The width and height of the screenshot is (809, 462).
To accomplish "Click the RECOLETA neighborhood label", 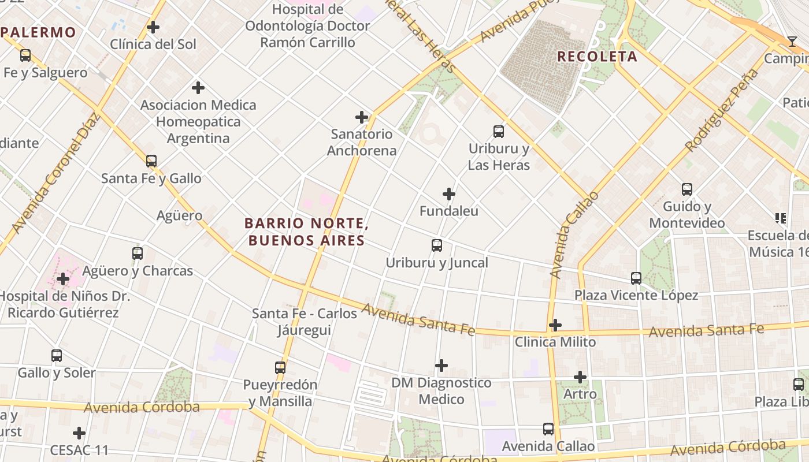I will click(597, 57).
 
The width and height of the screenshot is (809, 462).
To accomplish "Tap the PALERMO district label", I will click(39, 32).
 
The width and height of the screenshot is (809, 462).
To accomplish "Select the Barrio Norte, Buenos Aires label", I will click(306, 232).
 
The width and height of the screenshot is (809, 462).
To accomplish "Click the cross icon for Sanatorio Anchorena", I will click(362, 117).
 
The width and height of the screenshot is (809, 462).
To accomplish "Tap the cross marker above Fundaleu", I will click(449, 194).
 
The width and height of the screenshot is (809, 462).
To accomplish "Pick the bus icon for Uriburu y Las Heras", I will click(499, 132).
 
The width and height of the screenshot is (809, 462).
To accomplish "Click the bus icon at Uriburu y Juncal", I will click(437, 245).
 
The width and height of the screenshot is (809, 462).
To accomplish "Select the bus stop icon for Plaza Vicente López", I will click(636, 278).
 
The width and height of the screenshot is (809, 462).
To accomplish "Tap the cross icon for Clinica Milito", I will click(555, 325).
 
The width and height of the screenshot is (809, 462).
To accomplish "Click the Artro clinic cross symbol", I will click(580, 377).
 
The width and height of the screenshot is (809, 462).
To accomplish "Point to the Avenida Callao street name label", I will click(574, 235).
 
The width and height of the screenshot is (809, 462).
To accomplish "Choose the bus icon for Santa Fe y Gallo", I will click(151, 161).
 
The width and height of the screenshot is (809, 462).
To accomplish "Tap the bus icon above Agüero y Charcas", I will click(138, 254).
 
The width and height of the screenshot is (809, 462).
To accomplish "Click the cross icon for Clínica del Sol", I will click(153, 27).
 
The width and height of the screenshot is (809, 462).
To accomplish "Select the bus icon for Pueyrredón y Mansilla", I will click(280, 368).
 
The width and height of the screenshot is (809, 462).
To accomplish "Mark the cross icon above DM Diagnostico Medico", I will click(441, 366).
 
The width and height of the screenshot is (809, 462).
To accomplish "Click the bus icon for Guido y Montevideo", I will click(687, 189).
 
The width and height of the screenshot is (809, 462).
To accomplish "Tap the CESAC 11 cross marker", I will click(79, 433).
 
